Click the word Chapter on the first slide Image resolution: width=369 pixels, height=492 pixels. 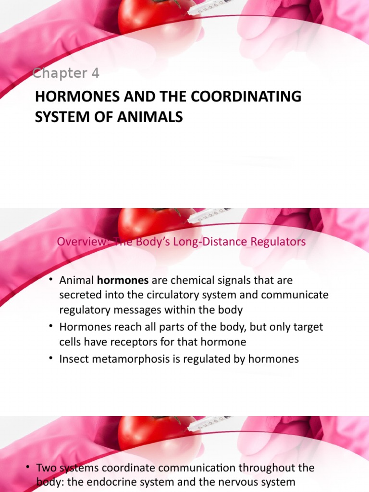[x=58, y=74]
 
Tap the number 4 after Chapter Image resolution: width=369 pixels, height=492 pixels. [x=95, y=74]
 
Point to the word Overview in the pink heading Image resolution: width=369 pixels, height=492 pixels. [x=77, y=242]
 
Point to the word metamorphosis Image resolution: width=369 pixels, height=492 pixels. [x=123, y=359]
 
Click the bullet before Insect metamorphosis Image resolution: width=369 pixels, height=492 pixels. [x=50, y=359]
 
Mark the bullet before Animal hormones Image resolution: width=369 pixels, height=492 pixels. [x=50, y=280]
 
